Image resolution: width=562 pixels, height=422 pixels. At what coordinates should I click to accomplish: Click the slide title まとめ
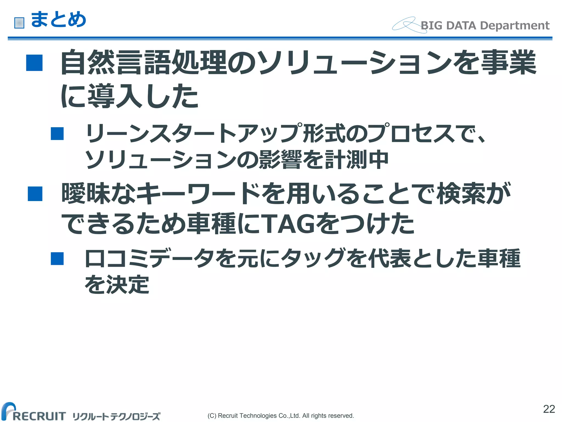tap(58, 20)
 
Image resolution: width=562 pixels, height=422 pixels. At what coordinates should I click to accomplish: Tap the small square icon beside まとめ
tap(19, 23)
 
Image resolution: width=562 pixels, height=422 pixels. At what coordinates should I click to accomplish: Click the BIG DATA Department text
tap(485, 26)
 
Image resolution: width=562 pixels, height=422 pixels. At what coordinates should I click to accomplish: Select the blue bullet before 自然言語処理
tap(34, 63)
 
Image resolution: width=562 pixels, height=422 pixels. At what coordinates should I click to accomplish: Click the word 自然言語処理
tap(144, 63)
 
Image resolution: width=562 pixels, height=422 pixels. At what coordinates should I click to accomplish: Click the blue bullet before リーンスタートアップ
tap(57, 134)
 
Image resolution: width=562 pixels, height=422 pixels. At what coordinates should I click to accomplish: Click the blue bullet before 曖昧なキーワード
tap(35, 194)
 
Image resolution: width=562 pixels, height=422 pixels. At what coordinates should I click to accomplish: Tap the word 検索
tap(461, 194)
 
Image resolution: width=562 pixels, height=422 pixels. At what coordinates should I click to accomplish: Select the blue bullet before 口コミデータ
tap(57, 259)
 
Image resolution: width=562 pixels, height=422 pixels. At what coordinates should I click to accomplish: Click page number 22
tap(549, 409)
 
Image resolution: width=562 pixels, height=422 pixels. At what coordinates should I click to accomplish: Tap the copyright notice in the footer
tap(281, 416)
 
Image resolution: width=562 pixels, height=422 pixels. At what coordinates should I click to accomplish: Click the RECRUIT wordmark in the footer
tap(38, 416)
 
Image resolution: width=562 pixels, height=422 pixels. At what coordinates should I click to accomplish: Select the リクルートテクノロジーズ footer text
tap(116, 417)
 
